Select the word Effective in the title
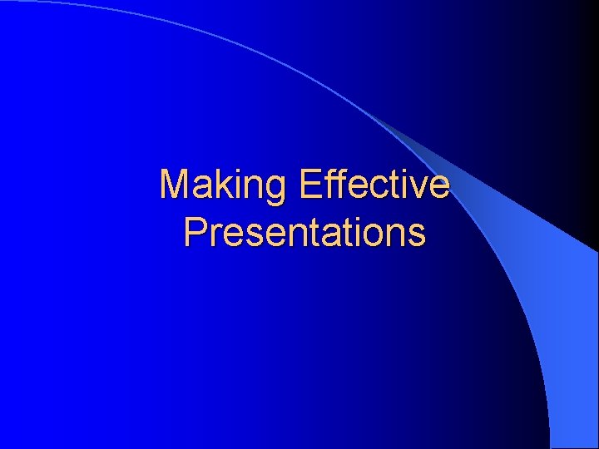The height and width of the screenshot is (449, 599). (374, 185)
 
